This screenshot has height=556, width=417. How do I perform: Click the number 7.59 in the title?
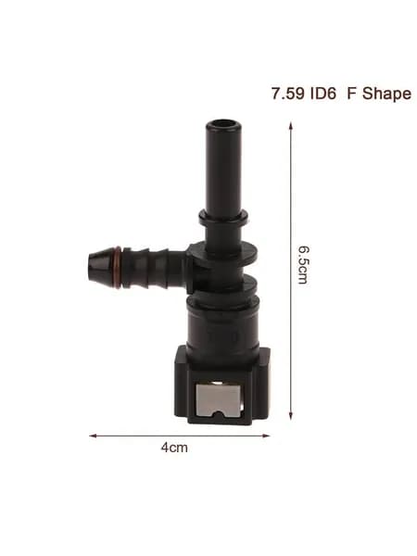[288, 94]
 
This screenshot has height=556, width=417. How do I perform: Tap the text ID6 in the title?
[323, 94]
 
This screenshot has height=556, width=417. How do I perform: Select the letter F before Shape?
[351, 94]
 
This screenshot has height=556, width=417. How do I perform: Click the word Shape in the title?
[386, 95]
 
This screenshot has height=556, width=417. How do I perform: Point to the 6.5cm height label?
[302, 264]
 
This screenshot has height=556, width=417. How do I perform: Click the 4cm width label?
[174, 448]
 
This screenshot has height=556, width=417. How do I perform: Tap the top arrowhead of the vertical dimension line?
[290, 125]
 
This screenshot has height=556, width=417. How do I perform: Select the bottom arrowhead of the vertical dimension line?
[290, 416]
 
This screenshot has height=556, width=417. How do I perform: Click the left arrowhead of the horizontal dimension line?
[93, 436]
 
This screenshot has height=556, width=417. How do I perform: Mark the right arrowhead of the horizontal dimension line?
[267, 436]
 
